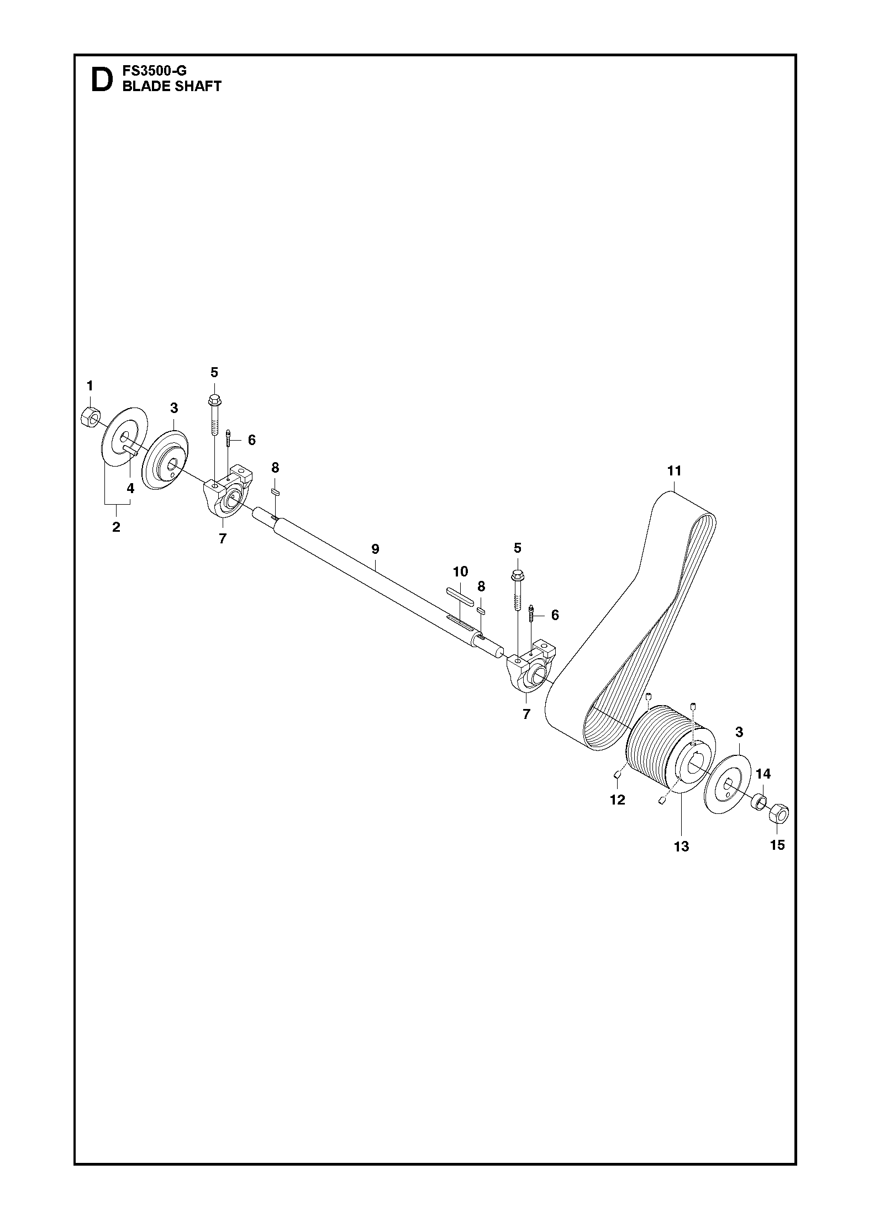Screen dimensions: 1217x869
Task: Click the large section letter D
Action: coord(100,80)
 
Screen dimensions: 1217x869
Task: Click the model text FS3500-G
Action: coord(155,71)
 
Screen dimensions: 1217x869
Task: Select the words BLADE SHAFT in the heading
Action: coord(172,86)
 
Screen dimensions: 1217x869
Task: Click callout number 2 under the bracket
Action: coord(116,527)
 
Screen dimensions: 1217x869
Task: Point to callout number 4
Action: coord(130,488)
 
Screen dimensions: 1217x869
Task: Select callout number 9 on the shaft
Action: coord(375,549)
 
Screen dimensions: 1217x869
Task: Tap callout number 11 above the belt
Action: coord(674,470)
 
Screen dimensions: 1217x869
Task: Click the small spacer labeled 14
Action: coord(760,800)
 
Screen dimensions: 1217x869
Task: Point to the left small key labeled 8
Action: coord(276,491)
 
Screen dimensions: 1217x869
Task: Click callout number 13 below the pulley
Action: coord(681,846)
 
